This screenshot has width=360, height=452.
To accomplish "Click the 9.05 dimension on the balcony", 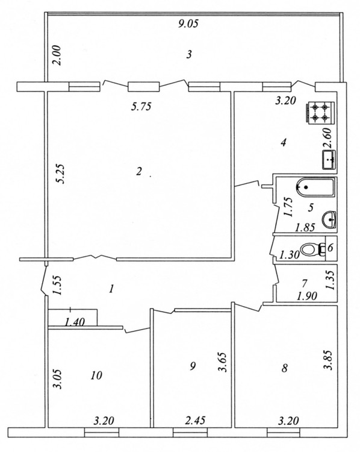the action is (188, 24).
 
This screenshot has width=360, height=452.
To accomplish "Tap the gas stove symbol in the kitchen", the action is (320, 113).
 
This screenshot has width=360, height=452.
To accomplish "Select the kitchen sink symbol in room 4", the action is (329, 160).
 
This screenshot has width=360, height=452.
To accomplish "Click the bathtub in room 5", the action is (315, 187).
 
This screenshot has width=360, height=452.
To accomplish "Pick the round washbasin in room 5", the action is (330, 219).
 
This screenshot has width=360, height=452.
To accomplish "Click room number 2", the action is (139, 172).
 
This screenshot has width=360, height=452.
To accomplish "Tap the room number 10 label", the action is (96, 375).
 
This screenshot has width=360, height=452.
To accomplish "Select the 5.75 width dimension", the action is (141, 107).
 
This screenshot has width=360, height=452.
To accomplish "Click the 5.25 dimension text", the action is (61, 174).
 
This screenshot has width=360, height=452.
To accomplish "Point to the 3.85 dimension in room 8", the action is (329, 360).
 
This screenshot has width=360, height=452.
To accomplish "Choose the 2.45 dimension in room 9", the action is (195, 420).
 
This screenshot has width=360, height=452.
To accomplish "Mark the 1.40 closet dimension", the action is (75, 322).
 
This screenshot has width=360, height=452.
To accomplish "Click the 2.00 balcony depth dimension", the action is (57, 55).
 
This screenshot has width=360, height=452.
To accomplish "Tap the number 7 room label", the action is (305, 283).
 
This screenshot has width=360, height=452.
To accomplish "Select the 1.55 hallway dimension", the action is (57, 286).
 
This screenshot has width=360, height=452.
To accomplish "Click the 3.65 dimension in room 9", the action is (223, 362).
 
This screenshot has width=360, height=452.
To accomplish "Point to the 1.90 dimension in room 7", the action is (307, 296).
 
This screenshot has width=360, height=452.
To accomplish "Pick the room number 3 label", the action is (189, 54).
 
